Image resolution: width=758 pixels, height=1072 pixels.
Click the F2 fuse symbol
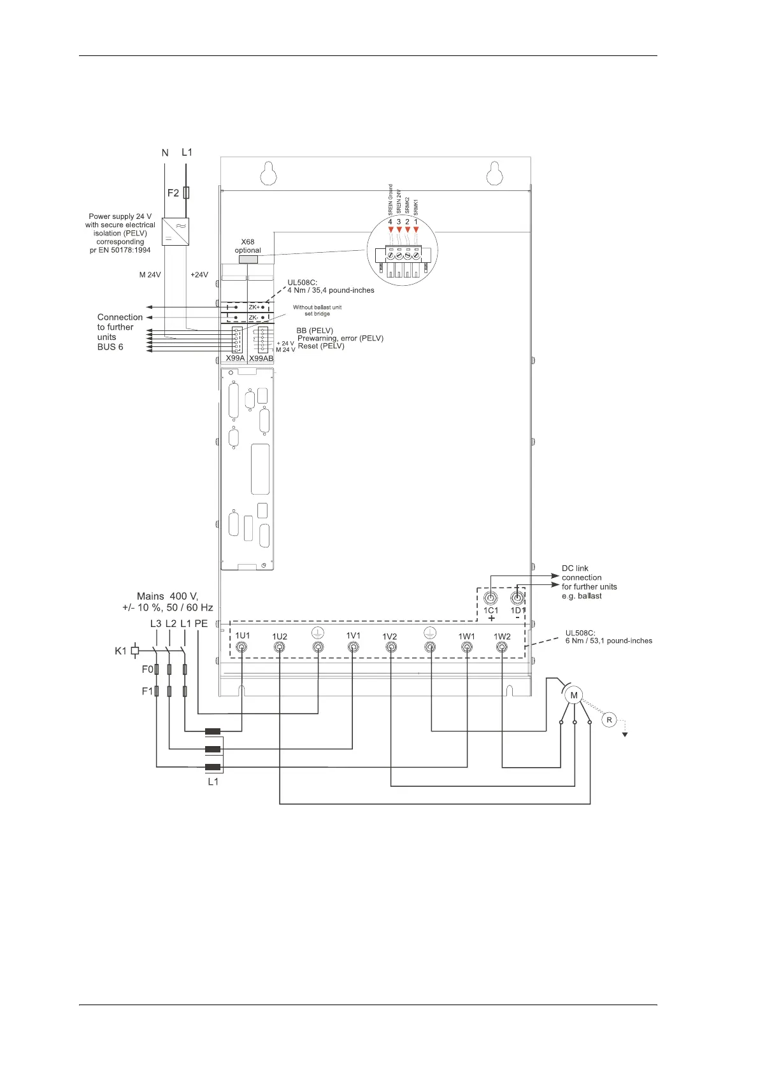click(186, 193)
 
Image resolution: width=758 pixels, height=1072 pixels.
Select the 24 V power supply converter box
click(175, 232)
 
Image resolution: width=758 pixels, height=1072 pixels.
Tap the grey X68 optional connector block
click(248, 259)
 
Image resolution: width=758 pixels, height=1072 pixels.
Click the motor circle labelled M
click(574, 696)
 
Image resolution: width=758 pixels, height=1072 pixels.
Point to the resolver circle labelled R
click(610, 720)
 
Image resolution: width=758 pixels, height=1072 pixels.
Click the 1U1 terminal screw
click(243, 647)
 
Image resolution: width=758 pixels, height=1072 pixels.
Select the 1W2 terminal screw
click(502, 647)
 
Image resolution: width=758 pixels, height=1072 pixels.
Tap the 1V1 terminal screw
click(354, 647)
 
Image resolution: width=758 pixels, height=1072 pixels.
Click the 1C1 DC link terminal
click(490, 598)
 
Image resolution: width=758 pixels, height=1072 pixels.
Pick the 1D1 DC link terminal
click(517, 598)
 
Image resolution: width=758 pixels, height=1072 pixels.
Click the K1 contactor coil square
click(135, 651)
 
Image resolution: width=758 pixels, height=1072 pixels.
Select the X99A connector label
click(235, 358)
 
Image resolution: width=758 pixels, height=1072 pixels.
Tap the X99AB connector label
click(261, 358)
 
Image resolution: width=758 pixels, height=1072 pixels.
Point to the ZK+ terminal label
click(254, 307)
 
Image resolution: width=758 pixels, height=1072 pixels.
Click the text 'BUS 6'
click(110, 347)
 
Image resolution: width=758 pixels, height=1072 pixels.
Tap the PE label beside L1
click(201, 624)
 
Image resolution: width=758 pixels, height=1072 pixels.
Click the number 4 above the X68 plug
click(390, 222)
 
